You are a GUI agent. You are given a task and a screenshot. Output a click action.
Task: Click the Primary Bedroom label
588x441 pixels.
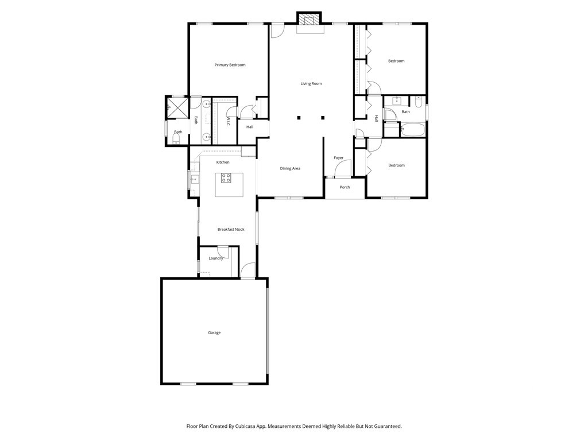click(230, 65)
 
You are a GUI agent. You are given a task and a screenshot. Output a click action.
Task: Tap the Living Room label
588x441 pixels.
click(311, 84)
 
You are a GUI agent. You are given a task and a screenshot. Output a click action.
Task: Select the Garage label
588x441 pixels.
click(215, 332)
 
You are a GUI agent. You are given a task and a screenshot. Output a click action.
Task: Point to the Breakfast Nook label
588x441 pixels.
click(231, 230)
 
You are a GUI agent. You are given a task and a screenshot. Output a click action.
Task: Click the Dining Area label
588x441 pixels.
click(290, 168)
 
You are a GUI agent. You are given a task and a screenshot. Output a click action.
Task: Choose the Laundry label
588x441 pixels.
click(216, 258)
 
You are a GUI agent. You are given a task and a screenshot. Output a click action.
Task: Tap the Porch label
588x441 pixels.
click(345, 187)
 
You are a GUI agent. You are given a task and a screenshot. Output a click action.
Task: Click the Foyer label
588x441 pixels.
click(339, 158)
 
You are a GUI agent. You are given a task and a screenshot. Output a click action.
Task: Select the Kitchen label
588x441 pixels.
click(223, 163)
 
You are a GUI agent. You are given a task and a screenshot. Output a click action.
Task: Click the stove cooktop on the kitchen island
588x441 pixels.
click(226, 178)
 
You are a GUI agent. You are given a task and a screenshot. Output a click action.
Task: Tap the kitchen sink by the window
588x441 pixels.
click(195, 179)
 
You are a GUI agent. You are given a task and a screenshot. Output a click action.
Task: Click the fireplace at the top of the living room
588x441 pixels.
click(310, 20)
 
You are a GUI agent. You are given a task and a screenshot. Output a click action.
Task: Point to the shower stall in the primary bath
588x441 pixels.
click(178, 107)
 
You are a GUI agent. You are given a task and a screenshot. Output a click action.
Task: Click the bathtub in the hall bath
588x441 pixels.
click(412, 129)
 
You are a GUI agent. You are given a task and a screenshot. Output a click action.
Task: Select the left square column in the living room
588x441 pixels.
click(299, 118)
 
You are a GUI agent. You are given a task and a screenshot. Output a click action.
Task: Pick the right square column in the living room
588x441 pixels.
click(323, 118)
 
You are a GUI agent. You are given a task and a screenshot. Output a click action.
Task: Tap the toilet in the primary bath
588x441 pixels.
click(176, 139)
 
